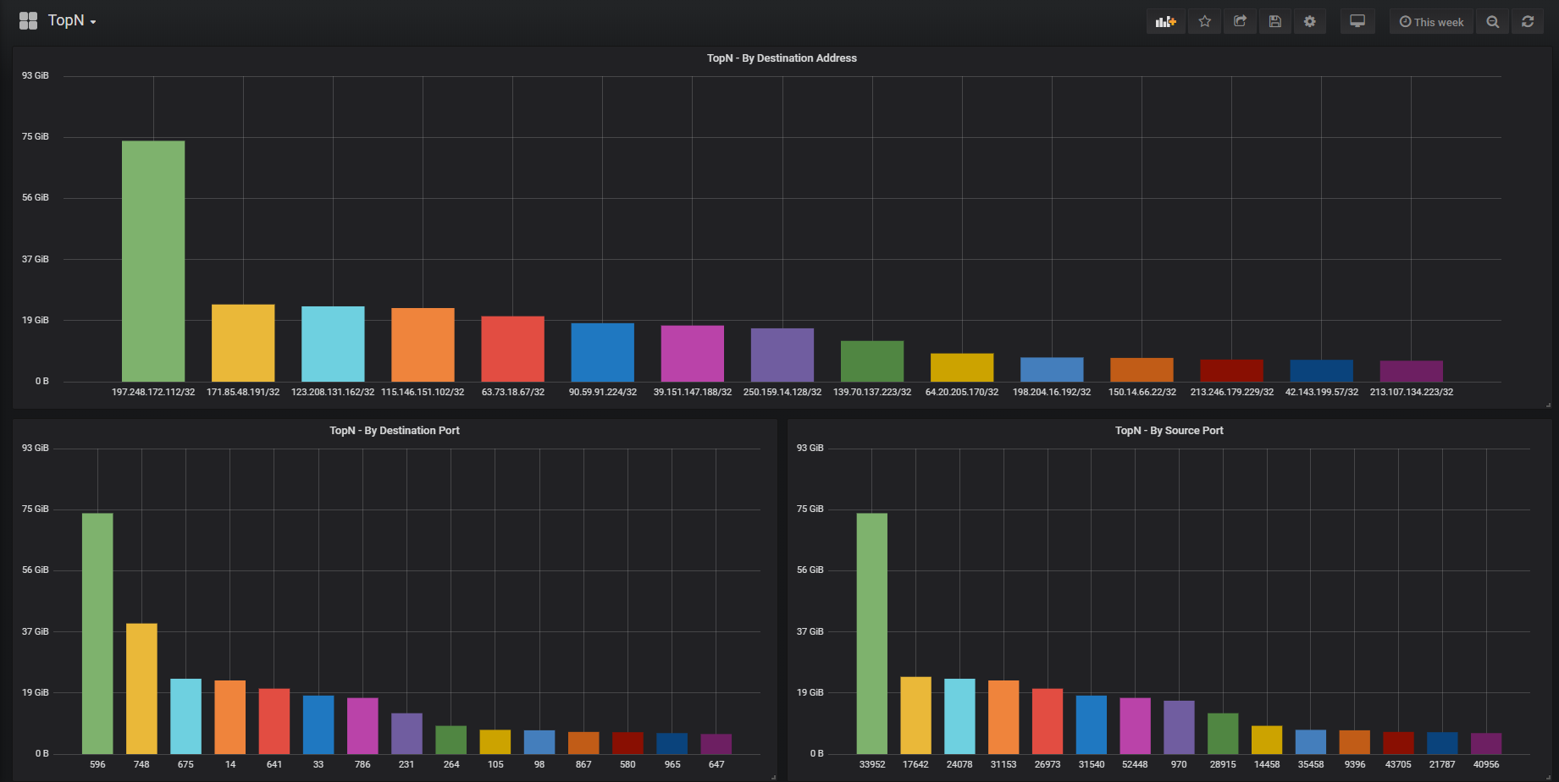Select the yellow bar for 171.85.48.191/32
(243, 343)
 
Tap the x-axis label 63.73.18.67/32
(512, 392)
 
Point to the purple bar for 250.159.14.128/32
(782, 355)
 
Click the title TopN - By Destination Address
(782, 58)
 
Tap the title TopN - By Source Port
(1169, 431)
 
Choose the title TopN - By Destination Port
(395, 431)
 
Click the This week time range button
(1431, 22)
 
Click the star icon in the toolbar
(1205, 22)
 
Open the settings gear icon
(1310, 22)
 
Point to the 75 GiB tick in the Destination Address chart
(36, 136)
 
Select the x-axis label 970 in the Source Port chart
(1179, 764)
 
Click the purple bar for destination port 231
(406, 733)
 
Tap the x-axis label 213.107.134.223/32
(1411, 392)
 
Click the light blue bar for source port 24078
(959, 716)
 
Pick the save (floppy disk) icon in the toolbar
(1274, 22)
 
